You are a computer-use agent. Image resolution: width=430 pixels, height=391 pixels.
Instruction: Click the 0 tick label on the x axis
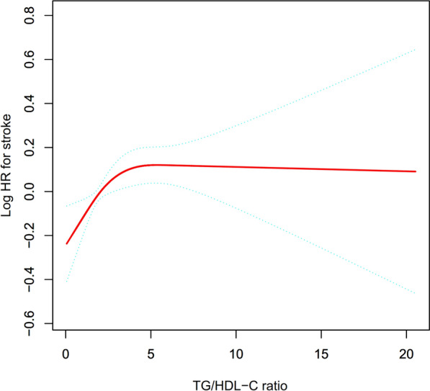pyautogui.click(x=66, y=354)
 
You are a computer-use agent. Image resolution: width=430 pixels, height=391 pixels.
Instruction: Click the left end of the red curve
pyautogui.click(x=66, y=243)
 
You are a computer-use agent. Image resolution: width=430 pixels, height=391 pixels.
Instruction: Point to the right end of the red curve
pyautogui.click(x=416, y=171)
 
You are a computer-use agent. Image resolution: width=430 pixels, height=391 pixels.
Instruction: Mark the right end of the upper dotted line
pyautogui.click(x=416, y=50)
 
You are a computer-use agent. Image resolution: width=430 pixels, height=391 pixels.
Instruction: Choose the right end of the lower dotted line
pyautogui.click(x=416, y=293)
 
